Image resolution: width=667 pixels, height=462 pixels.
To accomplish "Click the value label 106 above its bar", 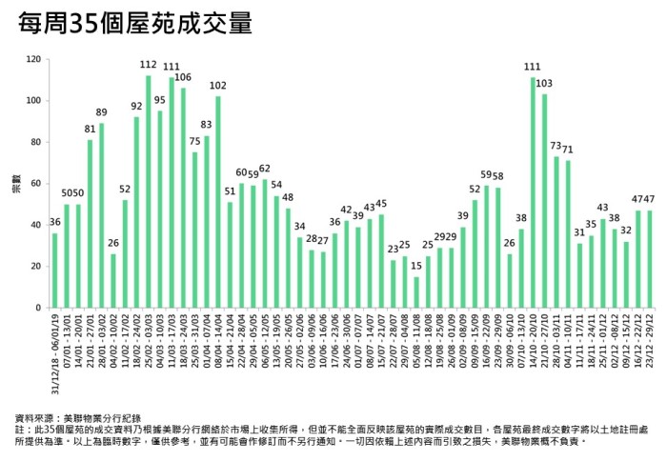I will tap(183, 77).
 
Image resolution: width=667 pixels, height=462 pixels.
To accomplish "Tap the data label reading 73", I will tap(556, 146).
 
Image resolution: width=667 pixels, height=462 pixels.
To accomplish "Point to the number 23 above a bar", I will tap(393, 249).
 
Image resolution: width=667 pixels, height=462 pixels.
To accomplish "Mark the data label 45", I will tap(381, 204).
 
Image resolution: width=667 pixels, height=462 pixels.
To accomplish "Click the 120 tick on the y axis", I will tap(33, 59).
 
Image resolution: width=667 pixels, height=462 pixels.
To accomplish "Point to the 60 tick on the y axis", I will tap(35, 184).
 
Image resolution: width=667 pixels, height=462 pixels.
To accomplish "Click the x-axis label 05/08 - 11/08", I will tap(416, 343).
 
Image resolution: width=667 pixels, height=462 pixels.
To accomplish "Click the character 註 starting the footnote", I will tap(21, 430).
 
